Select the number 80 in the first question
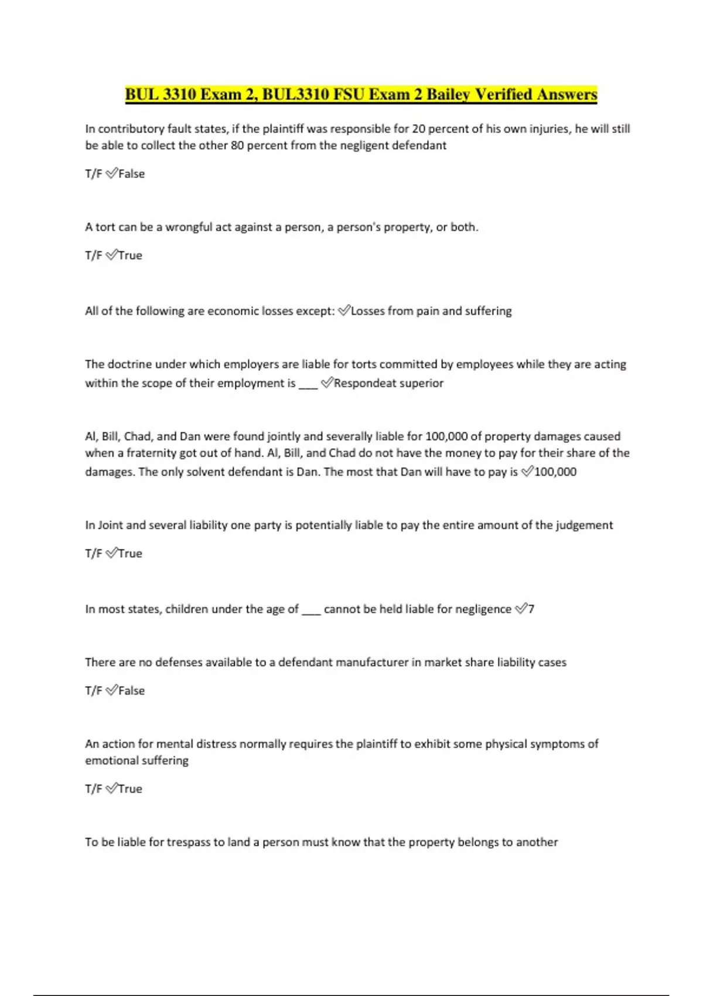click(237, 145)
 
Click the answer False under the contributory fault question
click(131, 174)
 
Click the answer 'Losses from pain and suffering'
click(431, 311)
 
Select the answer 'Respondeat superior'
click(388, 383)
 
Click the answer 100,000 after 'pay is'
click(555, 472)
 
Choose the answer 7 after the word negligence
click(531, 609)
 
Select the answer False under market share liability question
click(131, 691)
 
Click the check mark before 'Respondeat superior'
click(327, 383)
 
